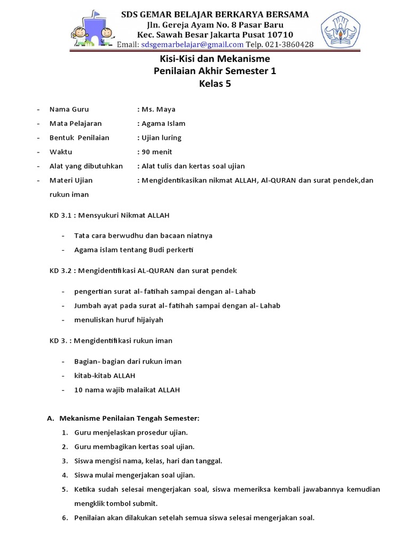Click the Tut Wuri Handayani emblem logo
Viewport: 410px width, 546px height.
point(340,29)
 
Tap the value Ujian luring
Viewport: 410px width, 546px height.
point(161,138)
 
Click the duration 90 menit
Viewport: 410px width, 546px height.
point(157,152)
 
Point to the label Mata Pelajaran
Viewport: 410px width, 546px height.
point(75,124)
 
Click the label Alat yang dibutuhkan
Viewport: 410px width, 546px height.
point(86,166)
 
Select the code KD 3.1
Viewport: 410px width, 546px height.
point(60,215)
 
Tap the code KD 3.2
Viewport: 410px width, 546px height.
point(60,270)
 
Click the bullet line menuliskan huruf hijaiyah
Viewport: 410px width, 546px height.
point(119,320)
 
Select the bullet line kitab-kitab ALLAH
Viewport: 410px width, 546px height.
point(105,375)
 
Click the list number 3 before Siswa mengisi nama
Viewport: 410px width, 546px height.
point(64,460)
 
